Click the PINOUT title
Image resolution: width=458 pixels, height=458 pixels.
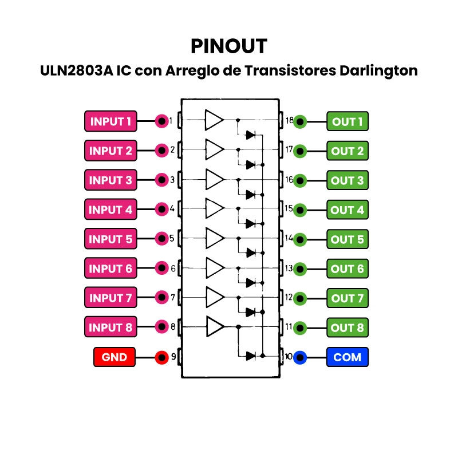click(228, 46)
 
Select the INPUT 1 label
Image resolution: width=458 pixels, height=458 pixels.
click(111, 121)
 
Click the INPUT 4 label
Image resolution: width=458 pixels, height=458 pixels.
click(111, 210)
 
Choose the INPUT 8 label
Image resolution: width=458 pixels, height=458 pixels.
click(111, 327)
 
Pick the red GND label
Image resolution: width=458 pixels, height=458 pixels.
click(114, 357)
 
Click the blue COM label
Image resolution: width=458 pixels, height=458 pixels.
click(348, 357)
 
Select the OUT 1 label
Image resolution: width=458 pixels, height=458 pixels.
click(348, 121)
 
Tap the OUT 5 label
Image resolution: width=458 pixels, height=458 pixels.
click(348, 239)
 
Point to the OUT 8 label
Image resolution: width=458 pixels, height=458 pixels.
click(348, 327)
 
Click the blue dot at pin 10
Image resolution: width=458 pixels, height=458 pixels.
click(300, 357)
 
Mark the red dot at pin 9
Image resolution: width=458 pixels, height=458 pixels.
click(162, 357)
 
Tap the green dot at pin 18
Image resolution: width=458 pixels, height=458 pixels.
click(300, 121)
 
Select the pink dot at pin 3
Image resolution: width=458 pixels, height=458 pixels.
click(162, 180)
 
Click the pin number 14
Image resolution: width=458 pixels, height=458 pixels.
click(289, 238)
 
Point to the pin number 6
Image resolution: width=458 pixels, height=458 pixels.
click(172, 268)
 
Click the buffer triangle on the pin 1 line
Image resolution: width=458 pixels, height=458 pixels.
click(214, 120)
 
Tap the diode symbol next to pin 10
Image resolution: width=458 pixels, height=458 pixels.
click(250, 356)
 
